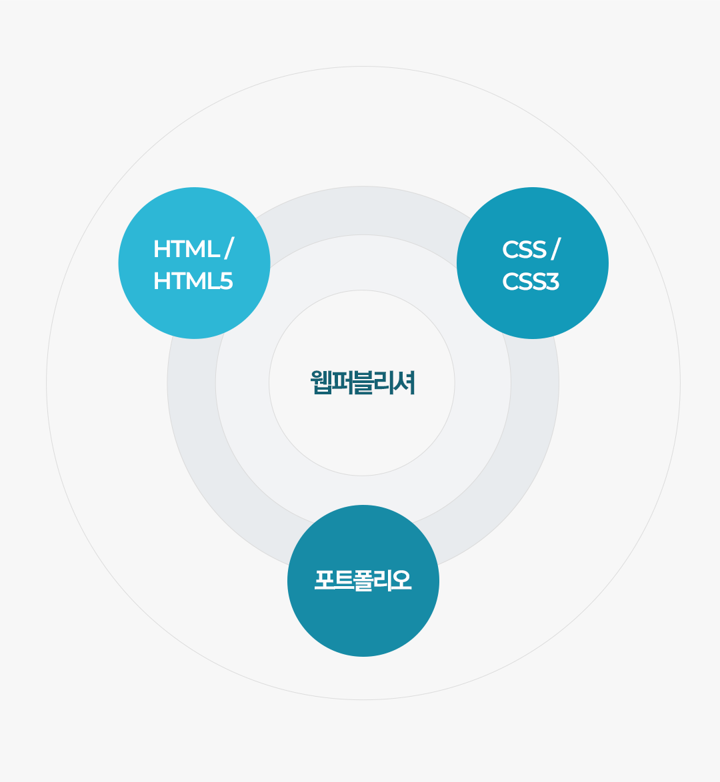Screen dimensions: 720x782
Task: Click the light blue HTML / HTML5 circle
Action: click(x=194, y=263)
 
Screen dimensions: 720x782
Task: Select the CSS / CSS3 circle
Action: click(x=532, y=263)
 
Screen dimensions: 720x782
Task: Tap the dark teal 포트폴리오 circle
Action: click(x=363, y=581)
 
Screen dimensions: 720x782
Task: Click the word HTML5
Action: click(x=193, y=281)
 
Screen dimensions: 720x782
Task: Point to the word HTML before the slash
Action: click(x=187, y=249)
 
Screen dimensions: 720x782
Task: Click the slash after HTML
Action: click(x=229, y=249)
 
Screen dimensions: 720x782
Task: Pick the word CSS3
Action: click(x=530, y=281)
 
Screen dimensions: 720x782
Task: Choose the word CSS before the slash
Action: click(x=524, y=249)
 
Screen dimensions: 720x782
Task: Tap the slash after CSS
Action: click(x=555, y=249)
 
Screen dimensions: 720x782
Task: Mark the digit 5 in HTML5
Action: click(x=226, y=281)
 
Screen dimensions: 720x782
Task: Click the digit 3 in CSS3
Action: click(x=552, y=281)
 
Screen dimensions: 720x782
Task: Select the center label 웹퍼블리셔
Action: click(x=363, y=382)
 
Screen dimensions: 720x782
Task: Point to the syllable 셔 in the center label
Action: click(x=405, y=382)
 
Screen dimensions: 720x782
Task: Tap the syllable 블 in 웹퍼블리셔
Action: click(x=363, y=382)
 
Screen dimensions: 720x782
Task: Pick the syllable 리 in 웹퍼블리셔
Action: click(x=384, y=382)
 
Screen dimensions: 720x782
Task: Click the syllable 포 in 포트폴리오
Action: click(x=324, y=580)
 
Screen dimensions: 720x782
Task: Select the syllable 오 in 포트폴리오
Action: click(x=402, y=580)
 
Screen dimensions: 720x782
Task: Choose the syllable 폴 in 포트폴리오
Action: click(x=363, y=581)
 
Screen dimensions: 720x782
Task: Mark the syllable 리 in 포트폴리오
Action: click(x=383, y=580)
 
